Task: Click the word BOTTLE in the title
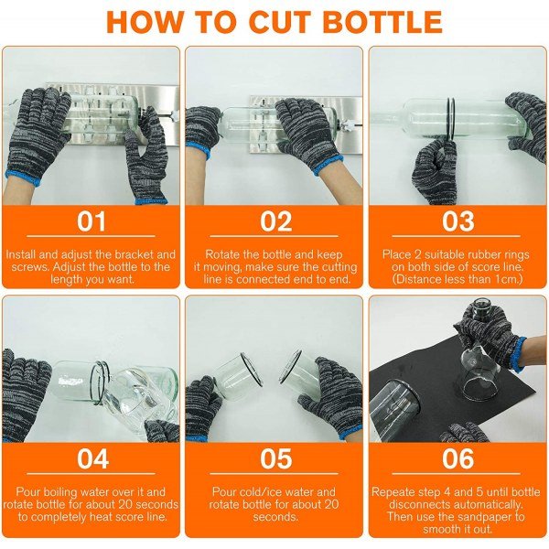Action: (382, 22)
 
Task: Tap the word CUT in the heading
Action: (279, 22)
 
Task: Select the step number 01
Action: (91, 221)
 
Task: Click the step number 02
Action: (276, 221)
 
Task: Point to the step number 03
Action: (458, 221)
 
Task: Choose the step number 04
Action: (92, 458)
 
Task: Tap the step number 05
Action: (276, 458)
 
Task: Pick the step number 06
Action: (458, 458)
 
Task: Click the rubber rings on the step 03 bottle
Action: (450, 118)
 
